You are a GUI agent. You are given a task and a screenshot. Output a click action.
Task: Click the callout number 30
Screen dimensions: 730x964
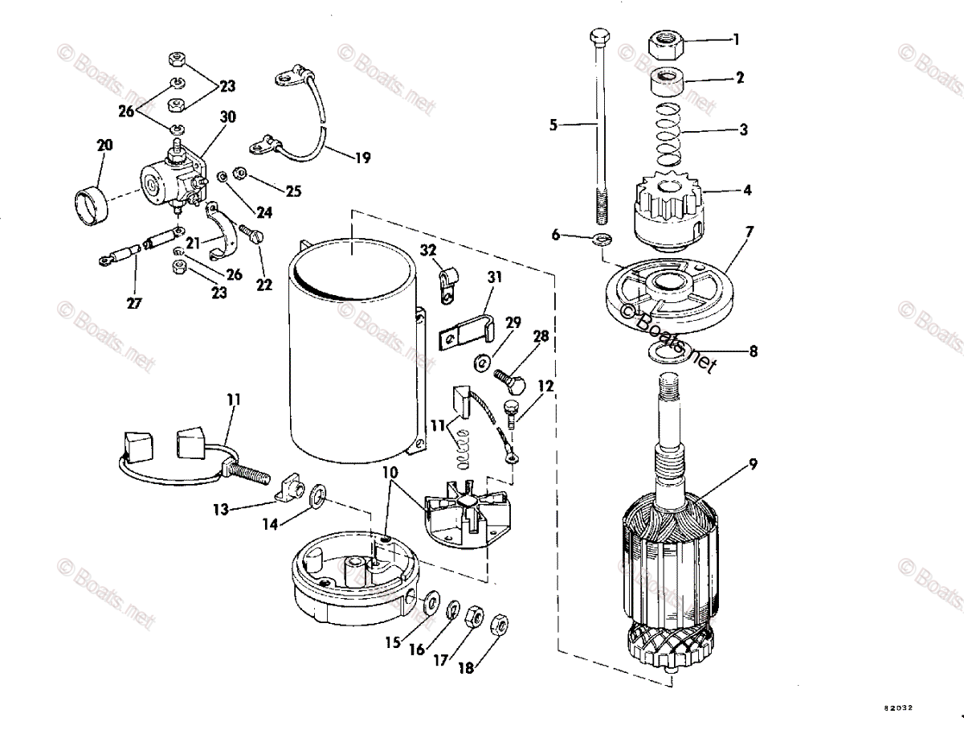[x=228, y=117]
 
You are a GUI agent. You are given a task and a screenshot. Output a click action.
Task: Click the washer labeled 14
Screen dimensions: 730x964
[x=317, y=492]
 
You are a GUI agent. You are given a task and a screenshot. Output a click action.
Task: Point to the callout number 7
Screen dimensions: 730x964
[x=749, y=232]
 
